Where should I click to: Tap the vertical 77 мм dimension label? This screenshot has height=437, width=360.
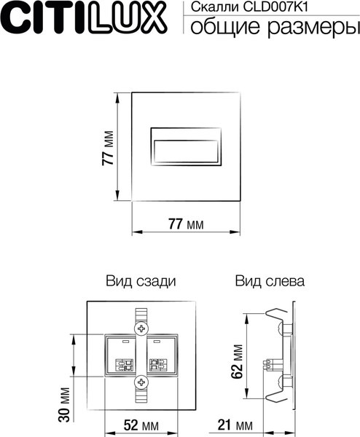[x=107, y=151]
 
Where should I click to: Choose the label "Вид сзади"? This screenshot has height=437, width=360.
[x=141, y=280]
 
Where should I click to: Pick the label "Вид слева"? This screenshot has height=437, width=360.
[x=270, y=280]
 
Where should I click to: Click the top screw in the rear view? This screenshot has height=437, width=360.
[x=141, y=328]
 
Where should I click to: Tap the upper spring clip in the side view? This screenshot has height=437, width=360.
[x=274, y=320]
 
